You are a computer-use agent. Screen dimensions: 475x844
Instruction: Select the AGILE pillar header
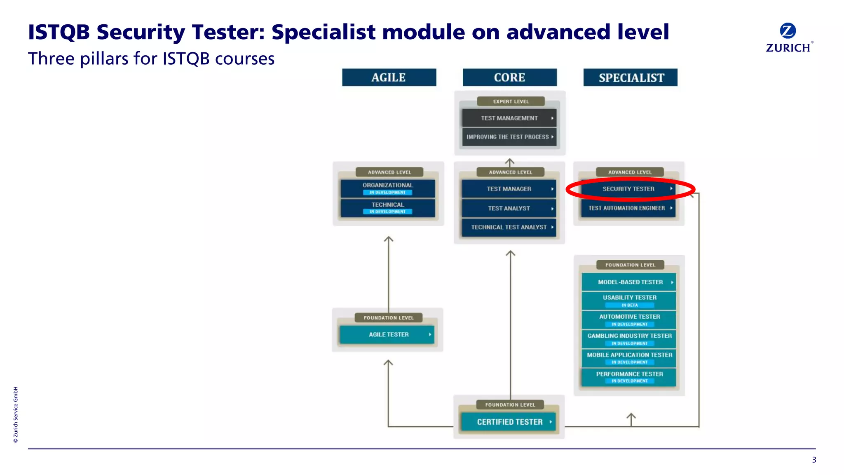(389, 78)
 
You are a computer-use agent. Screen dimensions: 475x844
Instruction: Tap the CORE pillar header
(509, 78)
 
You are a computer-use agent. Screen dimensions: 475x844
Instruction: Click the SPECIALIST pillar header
(631, 78)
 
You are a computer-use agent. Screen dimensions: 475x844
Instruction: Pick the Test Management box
(509, 118)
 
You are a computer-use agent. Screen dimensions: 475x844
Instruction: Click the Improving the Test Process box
(509, 137)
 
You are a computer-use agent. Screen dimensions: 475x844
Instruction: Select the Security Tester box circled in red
(628, 189)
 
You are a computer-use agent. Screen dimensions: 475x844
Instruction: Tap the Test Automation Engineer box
(628, 208)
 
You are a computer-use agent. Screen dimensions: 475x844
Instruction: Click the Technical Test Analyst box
(509, 227)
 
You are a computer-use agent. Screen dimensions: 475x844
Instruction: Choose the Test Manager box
(509, 189)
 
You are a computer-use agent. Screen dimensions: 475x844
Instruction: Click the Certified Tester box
(509, 422)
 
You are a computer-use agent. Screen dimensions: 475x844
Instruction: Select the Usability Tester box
(629, 298)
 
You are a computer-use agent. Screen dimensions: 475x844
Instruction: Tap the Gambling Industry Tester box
(629, 336)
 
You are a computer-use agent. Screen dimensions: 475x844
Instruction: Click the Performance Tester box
(629, 374)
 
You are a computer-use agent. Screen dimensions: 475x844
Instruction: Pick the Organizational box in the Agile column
(387, 186)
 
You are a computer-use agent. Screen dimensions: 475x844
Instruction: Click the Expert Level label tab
(511, 101)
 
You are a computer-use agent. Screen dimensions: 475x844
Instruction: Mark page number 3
(814, 460)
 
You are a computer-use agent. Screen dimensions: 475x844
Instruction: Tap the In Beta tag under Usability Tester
(629, 305)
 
